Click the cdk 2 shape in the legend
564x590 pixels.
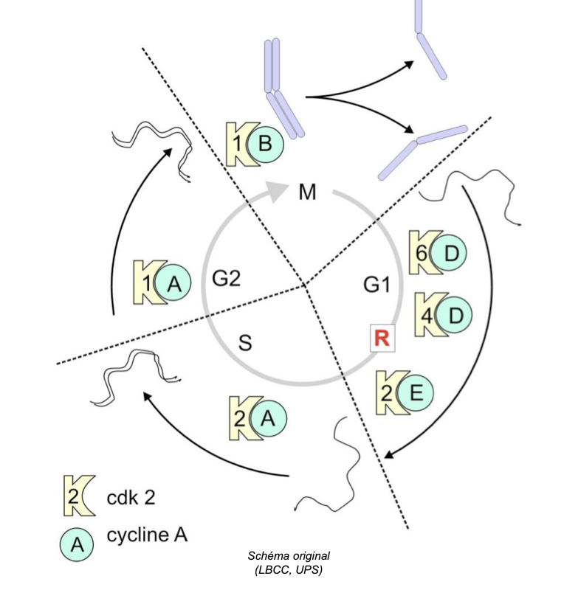[x=72, y=496]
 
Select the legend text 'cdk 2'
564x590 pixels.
[x=131, y=496]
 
